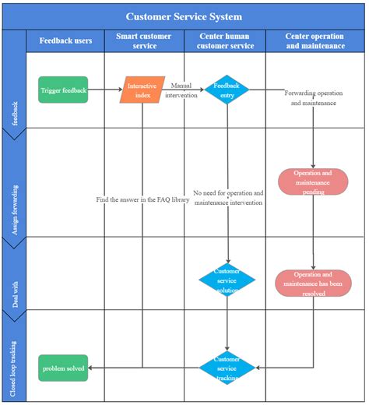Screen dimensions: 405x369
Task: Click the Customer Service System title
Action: [184, 16]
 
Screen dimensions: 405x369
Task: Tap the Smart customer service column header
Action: [144, 40]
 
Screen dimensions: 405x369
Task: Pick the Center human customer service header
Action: [225, 40]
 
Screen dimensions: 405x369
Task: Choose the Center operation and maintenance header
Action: [315, 40]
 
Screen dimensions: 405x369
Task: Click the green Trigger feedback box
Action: [63, 90]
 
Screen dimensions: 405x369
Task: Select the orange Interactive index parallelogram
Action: [143, 90]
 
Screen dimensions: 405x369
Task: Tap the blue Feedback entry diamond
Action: [227, 90]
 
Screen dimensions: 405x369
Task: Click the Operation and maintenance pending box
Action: [313, 181]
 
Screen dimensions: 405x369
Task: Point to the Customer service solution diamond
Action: [227, 280]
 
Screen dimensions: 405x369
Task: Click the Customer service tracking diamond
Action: [227, 368]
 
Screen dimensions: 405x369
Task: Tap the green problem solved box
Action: [63, 368]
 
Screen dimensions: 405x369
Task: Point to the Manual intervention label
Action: [181, 90]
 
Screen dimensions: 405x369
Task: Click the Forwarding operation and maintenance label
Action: [313, 98]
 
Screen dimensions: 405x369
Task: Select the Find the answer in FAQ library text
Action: [142, 199]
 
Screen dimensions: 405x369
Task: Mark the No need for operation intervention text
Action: [228, 198]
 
